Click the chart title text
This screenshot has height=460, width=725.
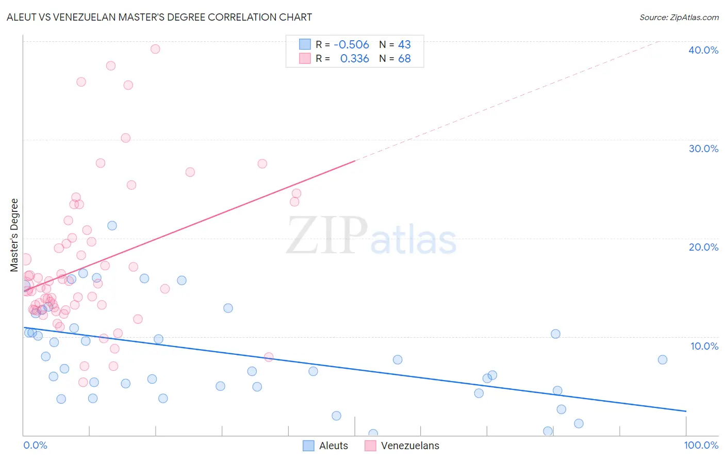(x=159, y=17)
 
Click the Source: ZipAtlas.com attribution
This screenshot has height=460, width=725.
(x=679, y=17)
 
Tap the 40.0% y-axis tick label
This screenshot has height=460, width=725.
(x=703, y=50)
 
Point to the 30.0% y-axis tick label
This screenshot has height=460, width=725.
(x=703, y=149)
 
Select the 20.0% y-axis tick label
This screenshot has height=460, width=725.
(x=703, y=247)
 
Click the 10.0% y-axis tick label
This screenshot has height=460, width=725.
(x=704, y=346)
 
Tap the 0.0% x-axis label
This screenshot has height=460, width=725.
(x=35, y=445)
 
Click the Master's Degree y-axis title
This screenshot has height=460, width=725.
(x=14, y=235)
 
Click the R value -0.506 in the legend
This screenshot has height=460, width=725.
(x=351, y=44)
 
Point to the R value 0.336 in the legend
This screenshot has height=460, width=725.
(x=354, y=59)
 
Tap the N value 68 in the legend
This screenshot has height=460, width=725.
(x=404, y=59)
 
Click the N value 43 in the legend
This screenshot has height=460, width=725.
(x=404, y=44)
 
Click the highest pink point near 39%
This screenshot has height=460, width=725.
(x=155, y=49)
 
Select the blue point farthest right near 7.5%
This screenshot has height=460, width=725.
(x=663, y=359)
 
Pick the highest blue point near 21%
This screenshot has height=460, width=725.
(x=112, y=225)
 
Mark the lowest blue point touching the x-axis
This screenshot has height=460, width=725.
(x=373, y=434)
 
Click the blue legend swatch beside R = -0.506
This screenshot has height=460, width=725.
(x=305, y=44)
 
